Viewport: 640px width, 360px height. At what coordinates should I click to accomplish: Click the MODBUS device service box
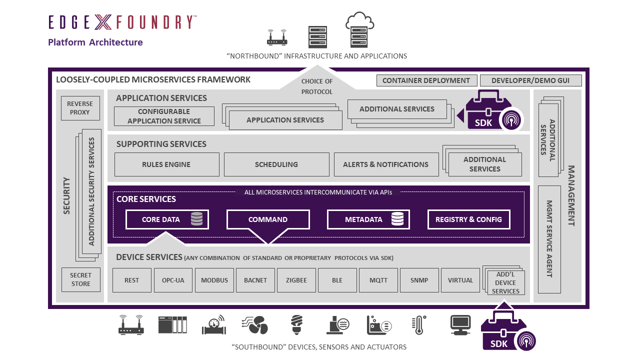pyautogui.click(x=214, y=280)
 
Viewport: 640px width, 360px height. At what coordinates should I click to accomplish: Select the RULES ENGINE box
pyautogui.click(x=166, y=164)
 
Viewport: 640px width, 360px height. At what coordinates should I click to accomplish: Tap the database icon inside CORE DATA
pyautogui.click(x=196, y=219)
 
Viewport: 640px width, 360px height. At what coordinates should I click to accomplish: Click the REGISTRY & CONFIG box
pyautogui.click(x=468, y=219)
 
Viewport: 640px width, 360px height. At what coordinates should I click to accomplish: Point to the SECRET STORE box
pyautogui.click(x=80, y=279)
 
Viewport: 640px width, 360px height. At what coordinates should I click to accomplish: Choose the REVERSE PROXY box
pyautogui.click(x=80, y=108)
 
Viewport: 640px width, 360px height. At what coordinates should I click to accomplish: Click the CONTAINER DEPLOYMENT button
pyautogui.click(x=426, y=80)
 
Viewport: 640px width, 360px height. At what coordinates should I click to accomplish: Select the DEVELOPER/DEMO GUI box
pyautogui.click(x=530, y=80)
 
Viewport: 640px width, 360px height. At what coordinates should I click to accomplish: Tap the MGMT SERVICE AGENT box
pyautogui.click(x=549, y=239)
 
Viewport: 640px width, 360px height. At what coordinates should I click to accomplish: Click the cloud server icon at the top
pyautogui.click(x=359, y=30)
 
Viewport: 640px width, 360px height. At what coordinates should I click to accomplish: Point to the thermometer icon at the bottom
pyautogui.click(x=418, y=325)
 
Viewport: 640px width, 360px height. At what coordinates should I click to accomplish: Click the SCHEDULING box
pyautogui.click(x=276, y=164)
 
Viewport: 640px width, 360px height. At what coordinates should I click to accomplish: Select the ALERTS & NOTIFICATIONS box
pyautogui.click(x=385, y=164)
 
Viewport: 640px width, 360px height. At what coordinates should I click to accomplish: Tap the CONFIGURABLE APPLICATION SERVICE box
pyautogui.click(x=164, y=116)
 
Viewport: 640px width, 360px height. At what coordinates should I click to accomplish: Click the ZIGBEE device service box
pyautogui.click(x=296, y=280)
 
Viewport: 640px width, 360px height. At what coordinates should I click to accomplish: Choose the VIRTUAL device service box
pyautogui.click(x=460, y=280)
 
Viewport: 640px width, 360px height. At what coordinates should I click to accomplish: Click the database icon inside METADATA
pyautogui.click(x=397, y=219)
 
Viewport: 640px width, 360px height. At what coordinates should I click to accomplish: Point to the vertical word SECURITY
pyautogui.click(x=67, y=195)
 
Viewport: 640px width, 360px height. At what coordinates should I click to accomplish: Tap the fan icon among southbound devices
pyautogui.click(x=255, y=325)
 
